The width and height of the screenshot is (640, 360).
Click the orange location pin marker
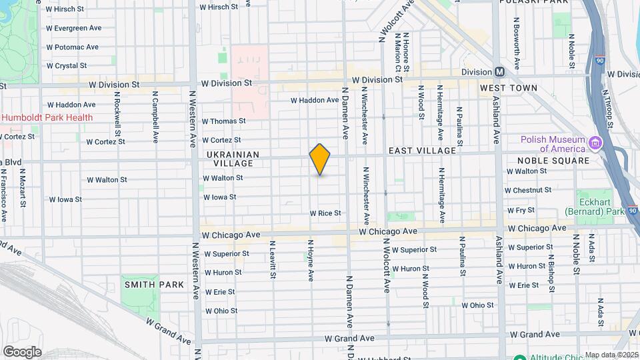point(320,159)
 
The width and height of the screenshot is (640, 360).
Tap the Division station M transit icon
point(499,72)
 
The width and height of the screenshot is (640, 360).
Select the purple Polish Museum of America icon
point(594,142)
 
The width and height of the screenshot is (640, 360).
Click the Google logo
point(22,352)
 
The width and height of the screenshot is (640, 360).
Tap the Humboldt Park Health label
point(47,117)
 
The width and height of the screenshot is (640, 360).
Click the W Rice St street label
point(325,213)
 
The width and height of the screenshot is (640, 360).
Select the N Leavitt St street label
point(272,261)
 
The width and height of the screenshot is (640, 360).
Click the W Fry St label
point(521,209)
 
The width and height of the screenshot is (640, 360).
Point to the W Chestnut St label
point(531,191)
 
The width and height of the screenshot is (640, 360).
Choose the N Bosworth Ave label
point(517,37)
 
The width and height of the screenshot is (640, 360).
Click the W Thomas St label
point(223,121)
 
